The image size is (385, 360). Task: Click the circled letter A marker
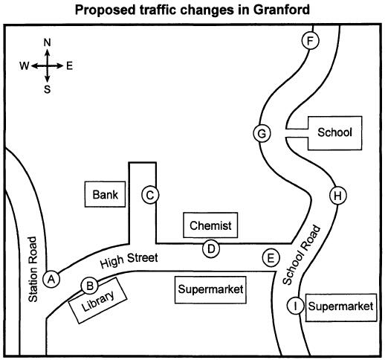click(51, 280)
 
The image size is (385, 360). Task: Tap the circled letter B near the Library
click(89, 286)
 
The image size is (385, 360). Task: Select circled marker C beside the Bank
click(150, 195)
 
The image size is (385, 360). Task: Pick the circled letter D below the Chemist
click(211, 248)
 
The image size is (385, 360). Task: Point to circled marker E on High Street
click(271, 258)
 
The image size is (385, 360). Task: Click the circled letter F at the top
click(310, 41)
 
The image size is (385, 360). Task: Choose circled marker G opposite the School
click(262, 133)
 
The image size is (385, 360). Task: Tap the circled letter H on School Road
click(338, 196)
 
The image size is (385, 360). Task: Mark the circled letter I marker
click(296, 306)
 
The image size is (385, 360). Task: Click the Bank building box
click(105, 194)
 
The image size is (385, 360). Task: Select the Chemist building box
click(210, 225)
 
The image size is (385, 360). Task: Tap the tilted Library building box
click(97, 300)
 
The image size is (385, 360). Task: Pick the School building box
click(334, 133)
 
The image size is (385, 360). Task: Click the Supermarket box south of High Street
click(210, 290)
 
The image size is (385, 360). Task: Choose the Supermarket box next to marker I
click(341, 307)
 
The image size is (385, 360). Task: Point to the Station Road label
click(33, 269)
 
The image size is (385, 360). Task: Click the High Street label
click(129, 260)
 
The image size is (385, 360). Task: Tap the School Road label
click(302, 255)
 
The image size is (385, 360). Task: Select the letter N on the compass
click(47, 42)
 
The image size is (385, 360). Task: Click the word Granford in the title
click(282, 10)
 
